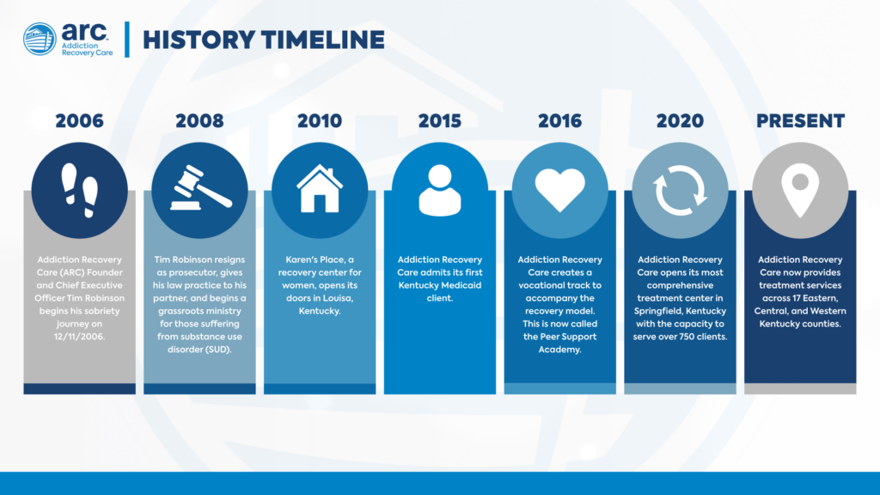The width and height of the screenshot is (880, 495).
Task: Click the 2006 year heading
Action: coord(79,120)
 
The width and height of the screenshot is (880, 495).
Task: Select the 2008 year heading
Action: coord(199,120)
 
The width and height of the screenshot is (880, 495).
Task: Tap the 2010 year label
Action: coord(320,120)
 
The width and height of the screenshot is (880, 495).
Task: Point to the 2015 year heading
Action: coord(439,120)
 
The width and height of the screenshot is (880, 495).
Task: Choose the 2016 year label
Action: coord(559,120)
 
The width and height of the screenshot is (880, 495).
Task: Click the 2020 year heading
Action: coord(680,120)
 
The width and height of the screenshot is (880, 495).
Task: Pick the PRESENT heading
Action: coord(800,120)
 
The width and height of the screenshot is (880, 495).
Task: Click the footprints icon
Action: coord(80,190)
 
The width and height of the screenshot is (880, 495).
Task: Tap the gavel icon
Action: coord(200,187)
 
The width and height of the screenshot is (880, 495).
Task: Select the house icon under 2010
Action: coord(320,188)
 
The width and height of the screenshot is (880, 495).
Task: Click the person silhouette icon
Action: coord(440,190)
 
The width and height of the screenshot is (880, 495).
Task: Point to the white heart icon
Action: coord(560,191)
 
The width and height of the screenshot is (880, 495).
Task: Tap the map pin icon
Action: coord(800,190)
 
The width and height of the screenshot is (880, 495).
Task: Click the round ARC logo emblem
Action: coord(40,39)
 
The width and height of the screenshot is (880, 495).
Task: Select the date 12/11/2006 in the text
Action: coord(79,337)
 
